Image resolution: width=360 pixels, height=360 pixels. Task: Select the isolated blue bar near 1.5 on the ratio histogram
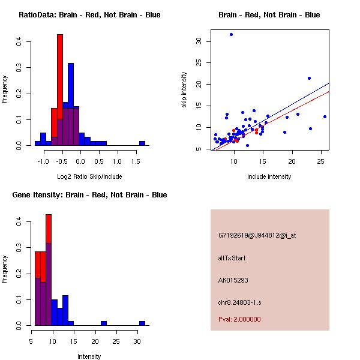coord(142,143)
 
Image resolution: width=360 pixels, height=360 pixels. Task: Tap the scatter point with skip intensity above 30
coord(231,35)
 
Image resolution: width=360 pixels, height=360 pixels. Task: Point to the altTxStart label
coord(232,258)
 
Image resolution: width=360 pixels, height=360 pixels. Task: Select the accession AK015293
coord(233,280)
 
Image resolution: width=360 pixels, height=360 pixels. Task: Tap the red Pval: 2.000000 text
coord(239,319)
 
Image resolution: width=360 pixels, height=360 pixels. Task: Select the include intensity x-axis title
coord(269,176)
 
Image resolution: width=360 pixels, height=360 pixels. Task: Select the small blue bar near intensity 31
coord(142,323)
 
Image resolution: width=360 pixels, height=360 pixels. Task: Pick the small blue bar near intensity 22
coord(104,323)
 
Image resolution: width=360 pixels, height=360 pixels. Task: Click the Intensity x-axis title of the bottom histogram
coord(89,356)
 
